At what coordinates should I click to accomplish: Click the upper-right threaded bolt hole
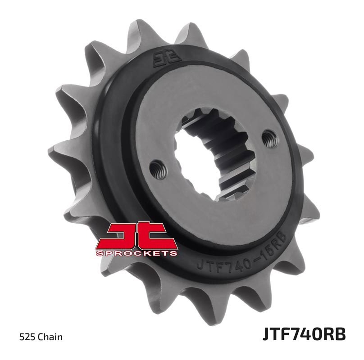[269, 138]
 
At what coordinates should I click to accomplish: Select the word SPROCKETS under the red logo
[136, 253]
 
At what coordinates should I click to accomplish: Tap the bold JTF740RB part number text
[304, 334]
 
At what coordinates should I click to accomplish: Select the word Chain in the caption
[50, 337]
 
